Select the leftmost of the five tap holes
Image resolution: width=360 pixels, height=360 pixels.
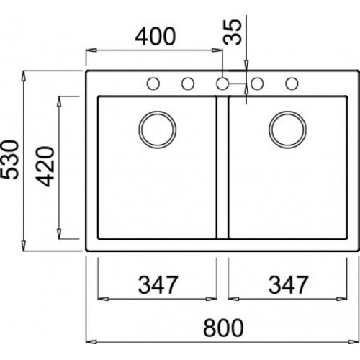[x=153, y=84]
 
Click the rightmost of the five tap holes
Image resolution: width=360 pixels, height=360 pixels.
[x=292, y=84]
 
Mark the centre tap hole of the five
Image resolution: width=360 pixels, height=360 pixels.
[x=222, y=84]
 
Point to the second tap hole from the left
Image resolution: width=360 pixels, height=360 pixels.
[x=187, y=84]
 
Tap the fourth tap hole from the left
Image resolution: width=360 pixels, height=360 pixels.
[x=257, y=84]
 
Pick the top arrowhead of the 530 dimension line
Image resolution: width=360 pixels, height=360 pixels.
[x=26, y=75]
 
